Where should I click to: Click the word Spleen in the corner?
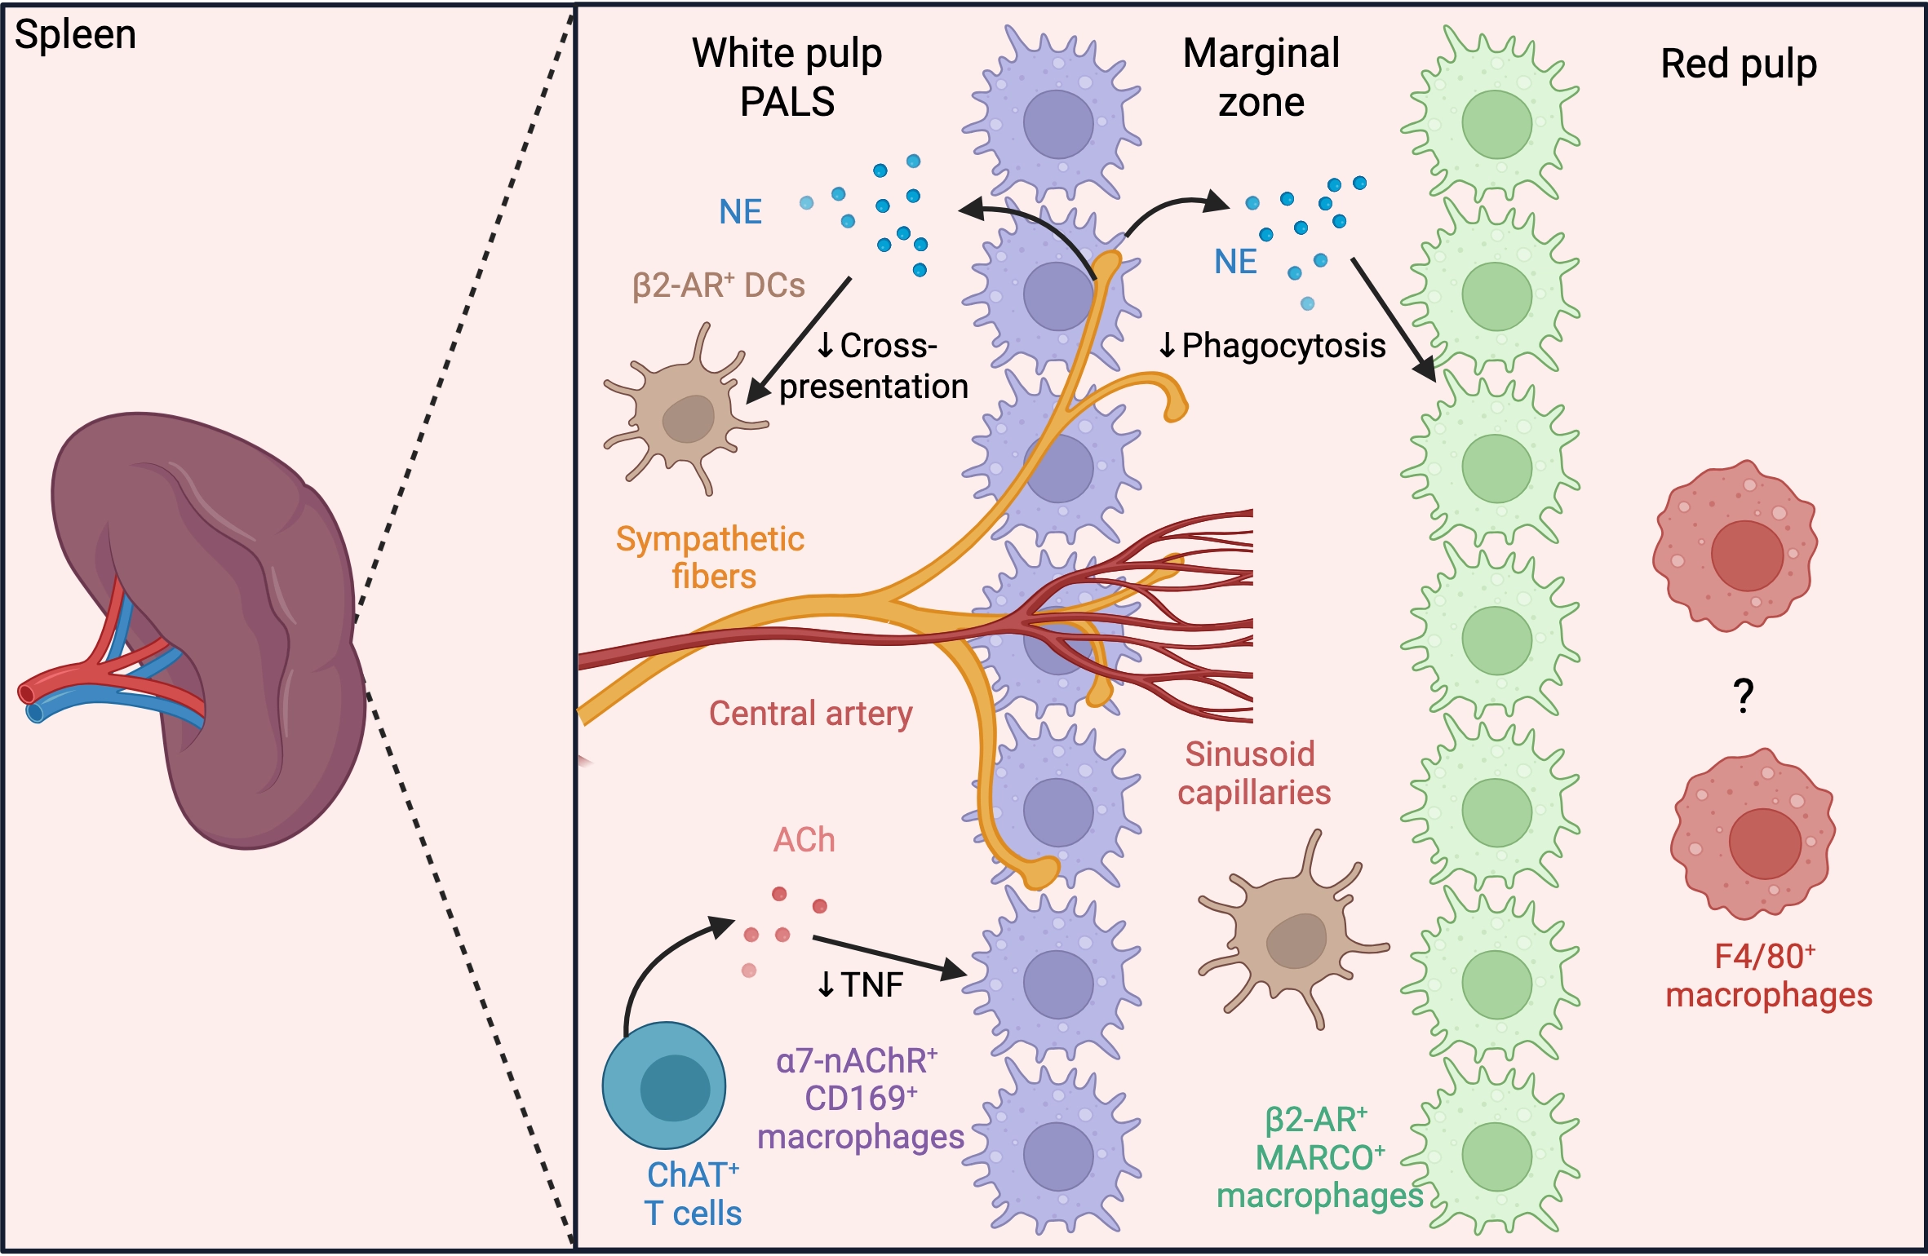(75, 36)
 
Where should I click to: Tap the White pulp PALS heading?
(787, 77)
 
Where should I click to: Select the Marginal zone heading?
(1261, 77)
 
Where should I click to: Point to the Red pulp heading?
(1739, 64)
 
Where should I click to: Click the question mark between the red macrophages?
(1744, 696)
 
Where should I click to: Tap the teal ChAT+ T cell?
(664, 1085)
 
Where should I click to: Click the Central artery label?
(810, 714)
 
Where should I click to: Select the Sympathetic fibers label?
(711, 557)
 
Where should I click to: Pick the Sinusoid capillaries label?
(1254, 773)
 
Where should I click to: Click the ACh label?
(804, 840)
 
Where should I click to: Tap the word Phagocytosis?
(1283, 346)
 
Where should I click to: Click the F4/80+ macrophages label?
(1768, 976)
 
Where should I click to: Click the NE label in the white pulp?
(740, 212)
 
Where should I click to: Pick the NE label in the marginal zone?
(1235, 262)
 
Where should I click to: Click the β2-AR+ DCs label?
(718, 285)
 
